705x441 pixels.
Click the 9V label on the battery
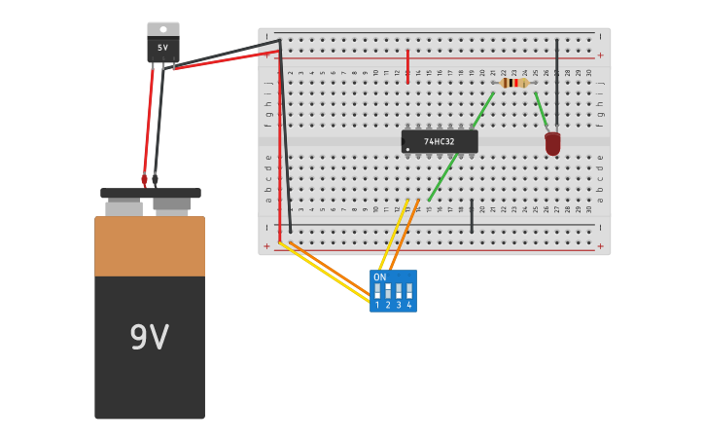(x=149, y=338)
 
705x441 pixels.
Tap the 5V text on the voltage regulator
(x=162, y=47)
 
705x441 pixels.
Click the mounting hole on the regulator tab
(x=162, y=28)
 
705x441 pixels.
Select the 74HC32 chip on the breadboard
(x=440, y=142)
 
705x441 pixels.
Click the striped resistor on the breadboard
(x=514, y=83)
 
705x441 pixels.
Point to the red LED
(x=552, y=143)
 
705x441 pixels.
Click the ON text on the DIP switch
(x=379, y=277)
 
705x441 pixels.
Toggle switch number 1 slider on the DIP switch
(x=377, y=291)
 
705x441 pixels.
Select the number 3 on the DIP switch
(x=399, y=306)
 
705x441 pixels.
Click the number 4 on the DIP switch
(x=409, y=306)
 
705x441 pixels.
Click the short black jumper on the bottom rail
(x=472, y=216)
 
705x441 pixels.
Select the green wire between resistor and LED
(x=541, y=109)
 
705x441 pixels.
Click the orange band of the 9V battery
(x=150, y=247)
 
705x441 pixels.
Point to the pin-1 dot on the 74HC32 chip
(x=406, y=149)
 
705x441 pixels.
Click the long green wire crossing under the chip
(x=442, y=177)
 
